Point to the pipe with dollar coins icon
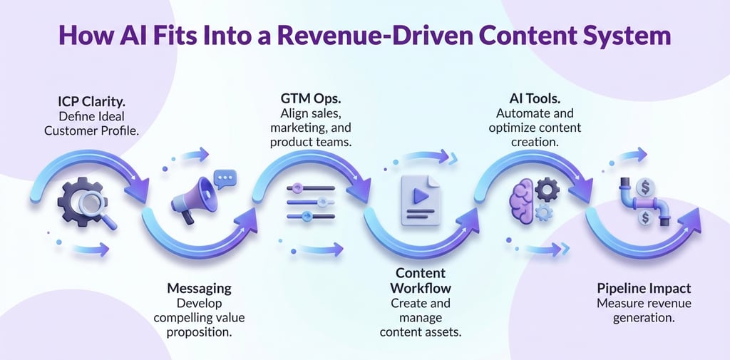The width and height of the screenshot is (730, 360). coord(644,202)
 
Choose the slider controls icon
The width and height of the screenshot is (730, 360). coord(310,202)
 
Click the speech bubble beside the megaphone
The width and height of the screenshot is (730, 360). coord(225,179)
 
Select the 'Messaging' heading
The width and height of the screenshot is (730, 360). coord(199,288)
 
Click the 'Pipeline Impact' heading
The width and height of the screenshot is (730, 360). coord(644,288)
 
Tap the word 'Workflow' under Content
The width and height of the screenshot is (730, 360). coord(420,287)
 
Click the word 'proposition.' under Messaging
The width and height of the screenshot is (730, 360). coord(199,333)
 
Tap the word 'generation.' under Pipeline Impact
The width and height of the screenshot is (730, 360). coord(644,319)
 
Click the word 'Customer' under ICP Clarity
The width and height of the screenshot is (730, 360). coord(69,130)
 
